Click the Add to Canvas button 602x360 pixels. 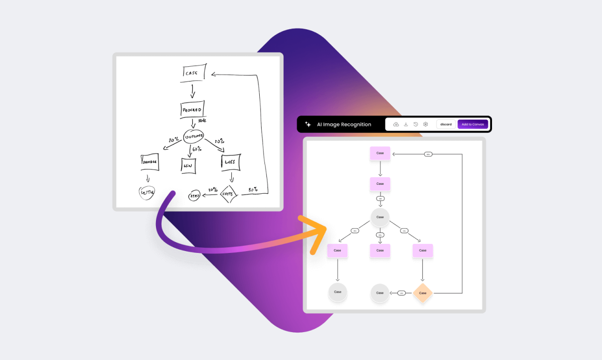[x=473, y=124]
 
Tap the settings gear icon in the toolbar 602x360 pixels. [x=426, y=124]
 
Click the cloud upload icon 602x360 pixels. [x=396, y=124]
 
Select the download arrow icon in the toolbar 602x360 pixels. [x=406, y=124]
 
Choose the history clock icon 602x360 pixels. [x=416, y=124]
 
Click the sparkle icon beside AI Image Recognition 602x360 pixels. [x=308, y=124]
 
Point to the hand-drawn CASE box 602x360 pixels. [x=194, y=72]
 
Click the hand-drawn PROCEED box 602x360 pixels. [x=192, y=109]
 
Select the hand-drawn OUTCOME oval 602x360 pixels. [x=193, y=136]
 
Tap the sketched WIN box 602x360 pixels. [x=189, y=165]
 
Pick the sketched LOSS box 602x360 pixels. [x=230, y=162]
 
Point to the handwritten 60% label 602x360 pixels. [x=197, y=149]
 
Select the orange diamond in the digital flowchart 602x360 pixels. [x=422, y=293]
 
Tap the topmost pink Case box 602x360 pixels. [x=380, y=153]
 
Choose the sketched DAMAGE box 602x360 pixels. [x=149, y=162]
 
